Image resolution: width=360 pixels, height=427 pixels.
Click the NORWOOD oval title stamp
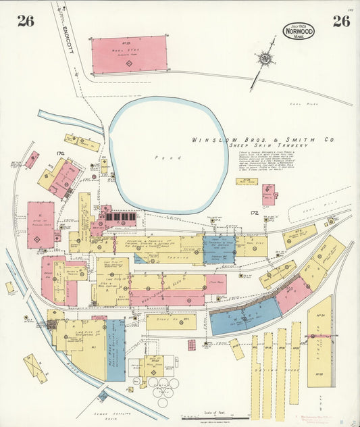pos(298,30)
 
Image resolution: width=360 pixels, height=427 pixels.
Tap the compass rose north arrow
pos(265,59)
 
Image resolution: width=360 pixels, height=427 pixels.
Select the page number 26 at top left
pos(26,21)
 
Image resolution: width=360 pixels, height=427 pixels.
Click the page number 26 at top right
pos(341,21)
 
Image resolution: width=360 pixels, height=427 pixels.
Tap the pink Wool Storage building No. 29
pos(129,54)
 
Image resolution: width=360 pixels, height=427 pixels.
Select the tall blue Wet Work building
pos(115,350)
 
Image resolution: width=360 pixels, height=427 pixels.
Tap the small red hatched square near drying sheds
pos(191,345)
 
